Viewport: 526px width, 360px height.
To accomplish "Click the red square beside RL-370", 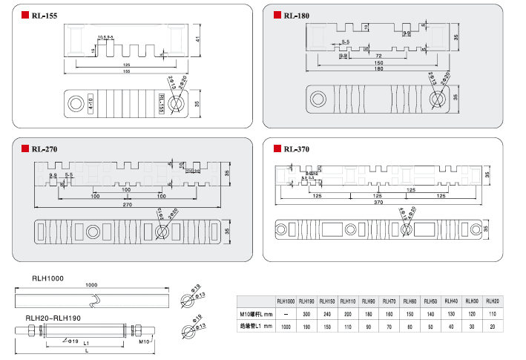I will (277, 148).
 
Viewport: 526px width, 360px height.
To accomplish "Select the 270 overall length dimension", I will (126, 204).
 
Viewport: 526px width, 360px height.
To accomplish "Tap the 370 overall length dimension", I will (378, 202).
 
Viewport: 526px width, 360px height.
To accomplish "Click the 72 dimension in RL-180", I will (378, 56).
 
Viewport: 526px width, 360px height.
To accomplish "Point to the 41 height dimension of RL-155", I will (198, 40).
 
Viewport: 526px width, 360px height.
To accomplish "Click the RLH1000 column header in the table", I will (286, 301).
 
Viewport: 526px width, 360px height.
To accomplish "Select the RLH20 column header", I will (492, 301).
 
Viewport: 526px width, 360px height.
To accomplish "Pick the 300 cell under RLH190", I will (306, 314).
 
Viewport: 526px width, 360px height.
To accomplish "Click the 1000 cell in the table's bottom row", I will (286, 327).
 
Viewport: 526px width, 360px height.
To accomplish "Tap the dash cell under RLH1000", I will (286, 314).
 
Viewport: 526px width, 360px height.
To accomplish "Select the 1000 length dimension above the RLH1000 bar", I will (91, 285).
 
